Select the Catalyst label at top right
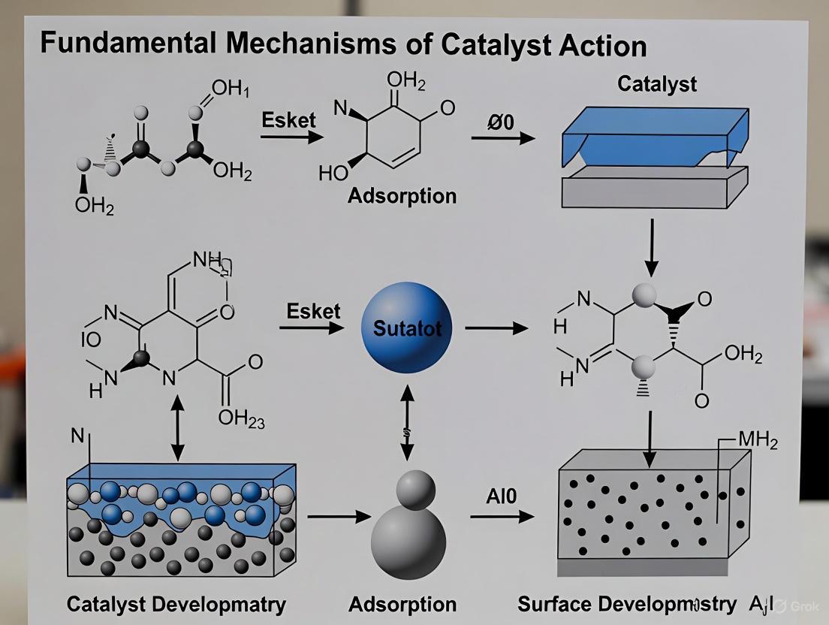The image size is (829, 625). tap(656, 83)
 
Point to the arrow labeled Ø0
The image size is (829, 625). tap(502, 137)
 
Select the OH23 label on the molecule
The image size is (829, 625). tap(241, 418)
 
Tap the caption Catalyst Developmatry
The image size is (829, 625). tap(176, 604)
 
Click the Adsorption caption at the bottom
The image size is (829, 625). tap(402, 604)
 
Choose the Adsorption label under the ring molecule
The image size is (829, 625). tap(402, 196)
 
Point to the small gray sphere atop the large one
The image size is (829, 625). tap(414, 490)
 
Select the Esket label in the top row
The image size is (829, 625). tap(289, 120)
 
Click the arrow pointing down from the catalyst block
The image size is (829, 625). tap(652, 247)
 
